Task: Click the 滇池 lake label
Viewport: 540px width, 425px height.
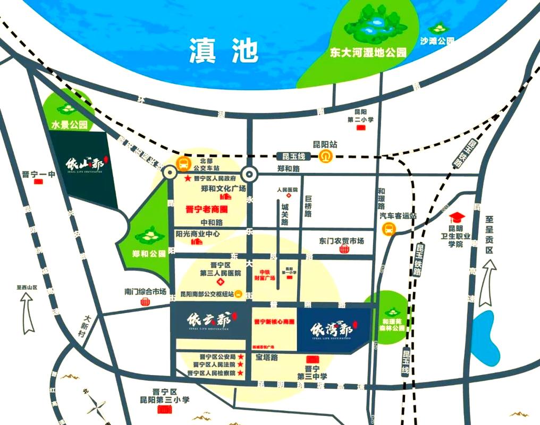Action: pos(223,51)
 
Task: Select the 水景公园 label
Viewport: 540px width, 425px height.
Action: pos(69,126)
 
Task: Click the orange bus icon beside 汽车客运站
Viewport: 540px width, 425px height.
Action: pos(389,229)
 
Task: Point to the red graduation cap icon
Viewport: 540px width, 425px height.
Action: pos(456,218)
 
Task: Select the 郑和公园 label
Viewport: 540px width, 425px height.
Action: pos(149,253)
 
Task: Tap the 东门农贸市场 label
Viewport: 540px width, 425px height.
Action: pos(342,241)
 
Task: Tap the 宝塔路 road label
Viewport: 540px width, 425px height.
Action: pos(267,358)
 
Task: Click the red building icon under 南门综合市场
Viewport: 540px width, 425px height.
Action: pos(145,302)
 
